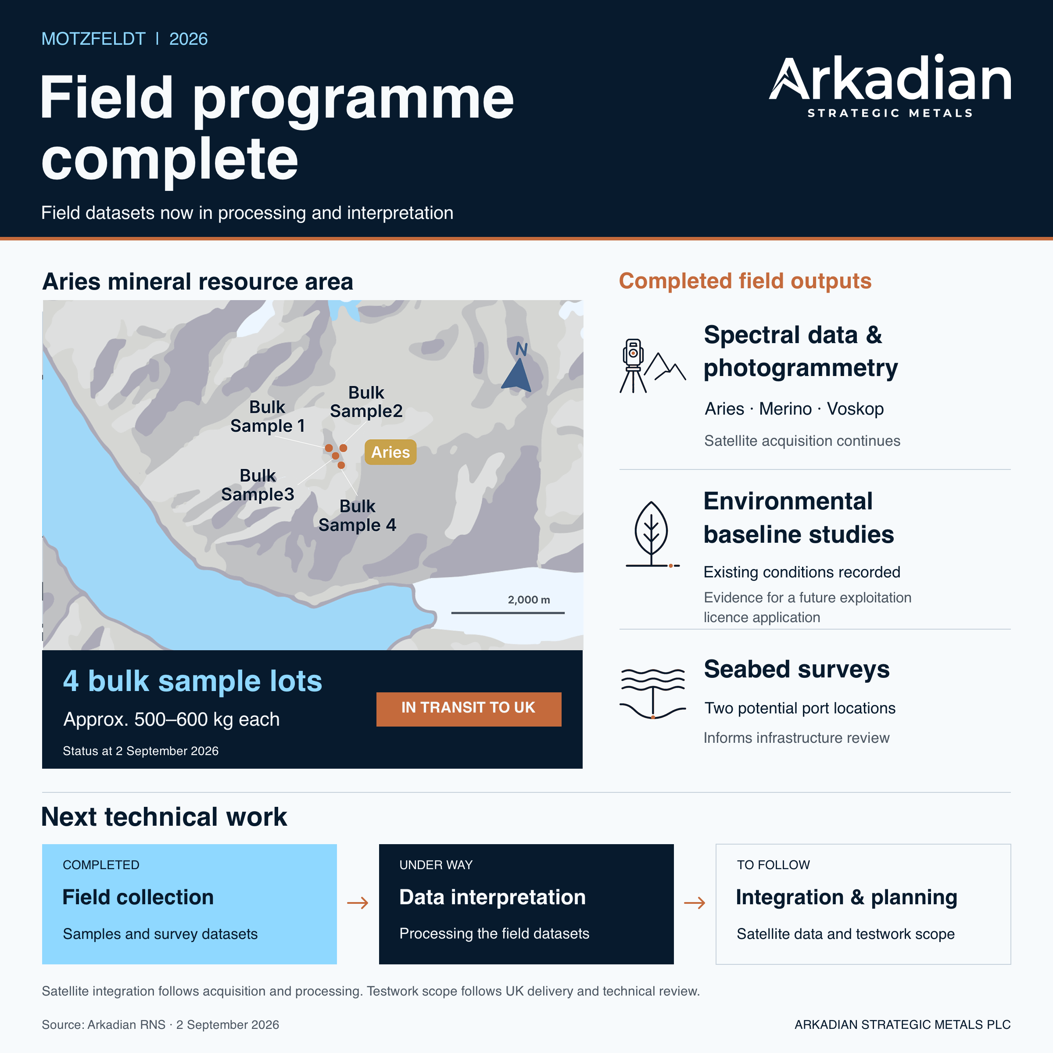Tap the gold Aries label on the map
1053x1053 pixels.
[390, 452]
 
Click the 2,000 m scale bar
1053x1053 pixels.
[508, 612]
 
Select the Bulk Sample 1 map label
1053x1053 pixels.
[267, 416]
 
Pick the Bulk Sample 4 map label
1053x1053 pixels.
[357, 516]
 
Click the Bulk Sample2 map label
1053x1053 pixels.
[366, 402]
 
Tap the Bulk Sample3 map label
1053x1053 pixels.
[258, 484]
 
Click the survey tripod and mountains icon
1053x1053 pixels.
[652, 366]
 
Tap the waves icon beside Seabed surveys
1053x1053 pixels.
[652, 693]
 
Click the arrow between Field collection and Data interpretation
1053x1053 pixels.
[358, 903]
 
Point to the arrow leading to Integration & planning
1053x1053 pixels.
[695, 903]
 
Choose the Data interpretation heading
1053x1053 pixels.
[492, 897]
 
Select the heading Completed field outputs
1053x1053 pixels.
[745, 281]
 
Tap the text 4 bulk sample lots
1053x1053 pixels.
[193, 681]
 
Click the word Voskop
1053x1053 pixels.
[855, 409]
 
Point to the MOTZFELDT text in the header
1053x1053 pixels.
[93, 39]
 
